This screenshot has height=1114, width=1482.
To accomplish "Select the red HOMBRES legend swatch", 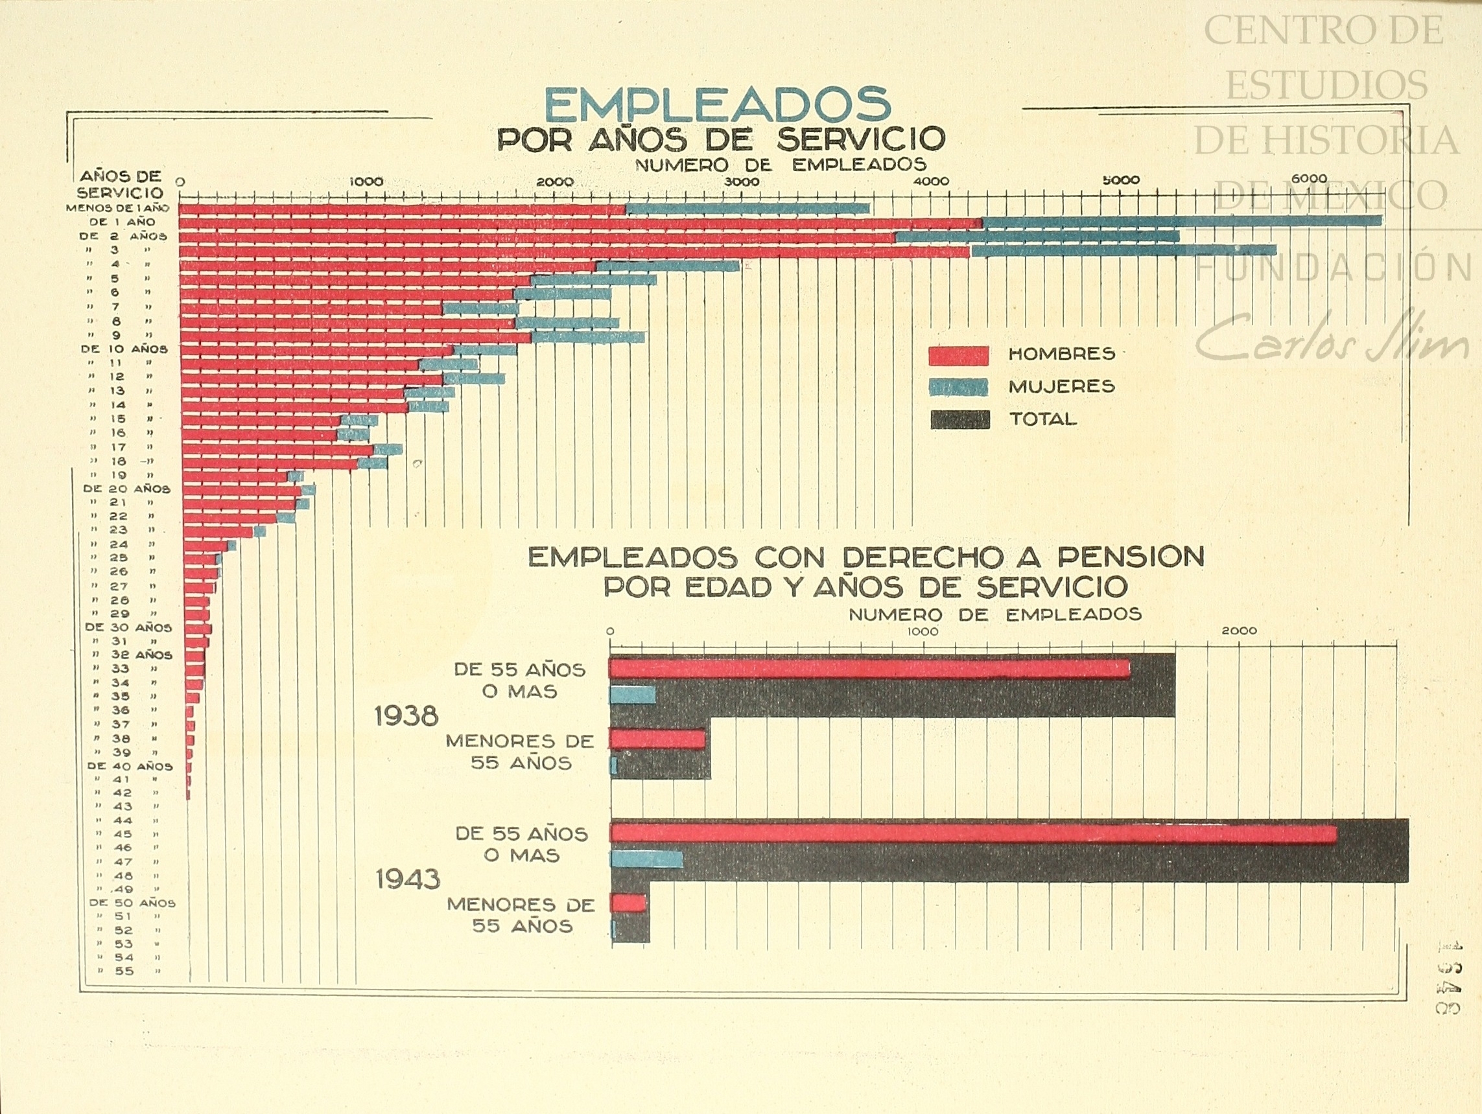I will point(958,356).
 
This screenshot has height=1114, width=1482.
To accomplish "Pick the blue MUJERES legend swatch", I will point(958,387).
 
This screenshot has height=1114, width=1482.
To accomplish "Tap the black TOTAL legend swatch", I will point(959,420).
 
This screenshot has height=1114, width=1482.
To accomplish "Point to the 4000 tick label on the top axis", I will point(932,181).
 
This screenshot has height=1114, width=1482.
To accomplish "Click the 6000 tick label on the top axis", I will point(1308,179).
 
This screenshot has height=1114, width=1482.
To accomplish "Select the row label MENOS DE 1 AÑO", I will point(117,208).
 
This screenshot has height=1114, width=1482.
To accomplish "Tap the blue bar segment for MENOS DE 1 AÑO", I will point(747,208).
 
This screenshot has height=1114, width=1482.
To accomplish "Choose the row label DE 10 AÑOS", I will point(124,349).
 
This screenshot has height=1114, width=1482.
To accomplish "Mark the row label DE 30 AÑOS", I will point(128,628).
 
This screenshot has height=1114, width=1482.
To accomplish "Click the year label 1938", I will point(406,717).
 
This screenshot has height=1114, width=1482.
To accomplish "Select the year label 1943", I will point(407,879).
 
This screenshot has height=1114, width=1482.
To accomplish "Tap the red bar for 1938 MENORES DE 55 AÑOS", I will point(657,739).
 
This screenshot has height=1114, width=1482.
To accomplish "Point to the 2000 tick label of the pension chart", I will point(1239,631).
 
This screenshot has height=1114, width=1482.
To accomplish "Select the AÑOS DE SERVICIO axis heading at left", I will point(121,184).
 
